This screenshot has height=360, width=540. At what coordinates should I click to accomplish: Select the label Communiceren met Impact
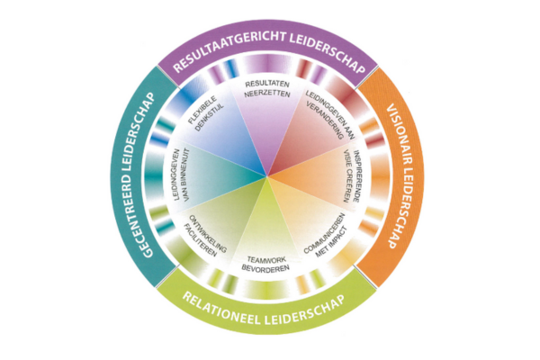(x=329, y=233)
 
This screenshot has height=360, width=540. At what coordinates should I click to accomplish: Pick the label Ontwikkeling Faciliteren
(x=205, y=236)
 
